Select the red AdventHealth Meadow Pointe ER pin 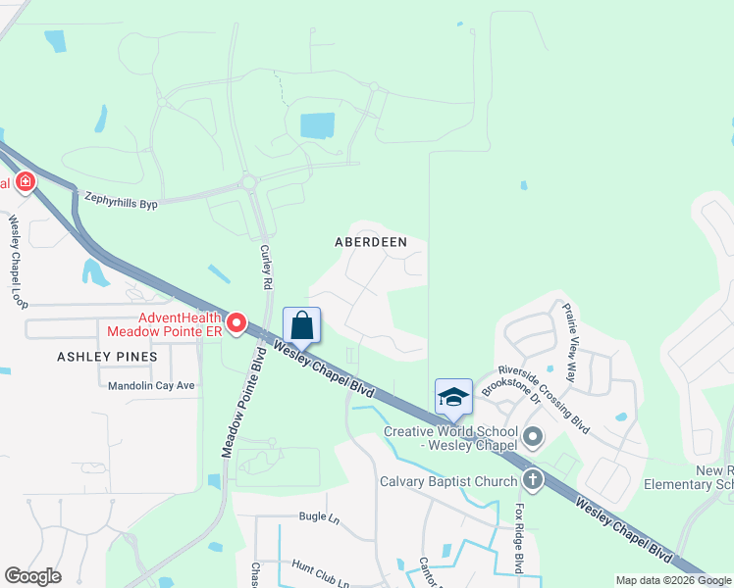click(236, 322)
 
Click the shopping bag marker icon click(302, 325)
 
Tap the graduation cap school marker click(453, 397)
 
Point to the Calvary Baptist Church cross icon click(532, 480)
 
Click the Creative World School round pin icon click(533, 436)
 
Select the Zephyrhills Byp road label click(121, 198)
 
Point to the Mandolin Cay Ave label click(151, 385)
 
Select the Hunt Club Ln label click(320, 569)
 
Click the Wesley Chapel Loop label click(17, 260)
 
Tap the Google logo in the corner click(32, 576)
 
